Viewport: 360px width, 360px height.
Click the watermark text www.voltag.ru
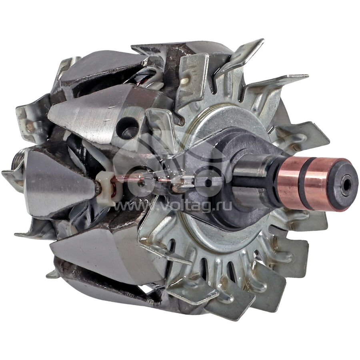[x=173, y=206]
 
